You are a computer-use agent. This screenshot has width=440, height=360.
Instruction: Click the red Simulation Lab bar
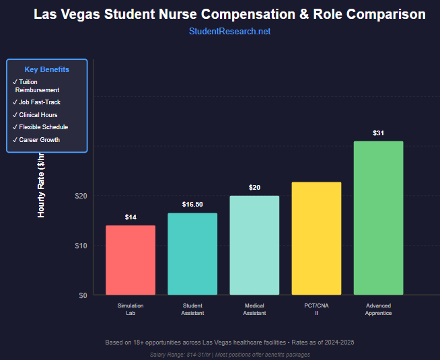click(x=131, y=260)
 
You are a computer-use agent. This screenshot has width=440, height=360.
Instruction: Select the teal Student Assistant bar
click(x=192, y=254)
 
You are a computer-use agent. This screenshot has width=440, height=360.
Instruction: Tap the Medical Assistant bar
click(x=254, y=245)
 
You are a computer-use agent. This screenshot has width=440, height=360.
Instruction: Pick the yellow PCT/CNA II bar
click(x=316, y=238)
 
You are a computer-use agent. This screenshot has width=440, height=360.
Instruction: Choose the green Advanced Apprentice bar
click(x=378, y=218)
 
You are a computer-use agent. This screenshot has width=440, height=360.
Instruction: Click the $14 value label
click(x=131, y=217)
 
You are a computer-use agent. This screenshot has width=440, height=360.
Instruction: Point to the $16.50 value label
click(x=192, y=205)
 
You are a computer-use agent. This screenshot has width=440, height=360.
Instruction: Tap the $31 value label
click(x=378, y=133)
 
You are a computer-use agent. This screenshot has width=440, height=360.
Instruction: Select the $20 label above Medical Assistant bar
click(x=254, y=188)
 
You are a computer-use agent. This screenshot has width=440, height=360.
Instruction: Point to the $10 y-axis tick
click(x=81, y=246)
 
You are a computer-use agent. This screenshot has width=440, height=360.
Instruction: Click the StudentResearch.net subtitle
click(x=229, y=32)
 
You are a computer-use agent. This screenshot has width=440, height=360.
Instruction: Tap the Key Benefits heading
click(x=46, y=69)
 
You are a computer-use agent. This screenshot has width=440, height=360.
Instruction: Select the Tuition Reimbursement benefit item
click(x=38, y=86)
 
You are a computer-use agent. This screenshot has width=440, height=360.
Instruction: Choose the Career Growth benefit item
click(x=39, y=140)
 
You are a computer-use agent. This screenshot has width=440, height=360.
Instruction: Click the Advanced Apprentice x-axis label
click(x=378, y=310)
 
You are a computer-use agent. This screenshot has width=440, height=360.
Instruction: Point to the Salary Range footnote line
click(x=229, y=355)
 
